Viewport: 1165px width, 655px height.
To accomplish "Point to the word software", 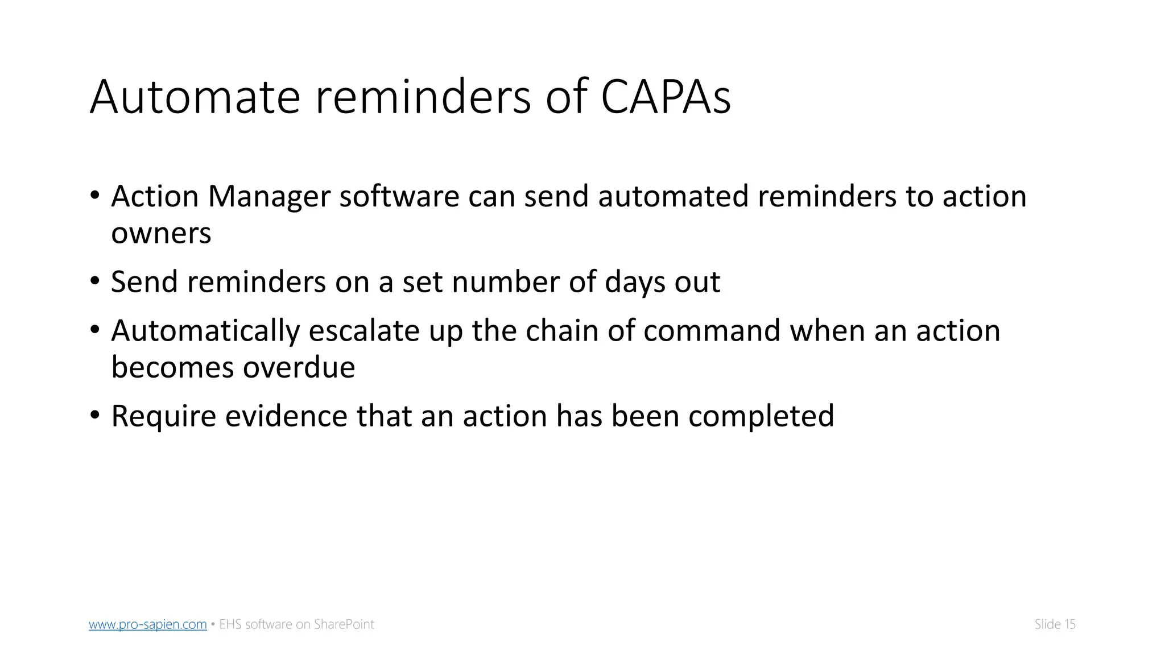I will tap(399, 197).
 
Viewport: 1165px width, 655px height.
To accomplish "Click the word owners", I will tap(161, 233).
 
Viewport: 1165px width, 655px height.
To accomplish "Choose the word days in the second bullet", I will tap(635, 282).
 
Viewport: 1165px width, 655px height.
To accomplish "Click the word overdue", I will tap(299, 367).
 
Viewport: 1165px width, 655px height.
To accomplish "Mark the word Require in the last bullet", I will tap(163, 416).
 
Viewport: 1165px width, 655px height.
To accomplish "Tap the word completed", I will tap(761, 416).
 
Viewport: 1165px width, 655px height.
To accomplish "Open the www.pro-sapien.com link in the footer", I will tap(148, 624).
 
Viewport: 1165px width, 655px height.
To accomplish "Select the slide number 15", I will tap(1069, 624).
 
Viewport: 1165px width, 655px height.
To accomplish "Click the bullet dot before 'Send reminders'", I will tap(94, 281).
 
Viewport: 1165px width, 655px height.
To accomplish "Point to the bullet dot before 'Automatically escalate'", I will tap(94, 330).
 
